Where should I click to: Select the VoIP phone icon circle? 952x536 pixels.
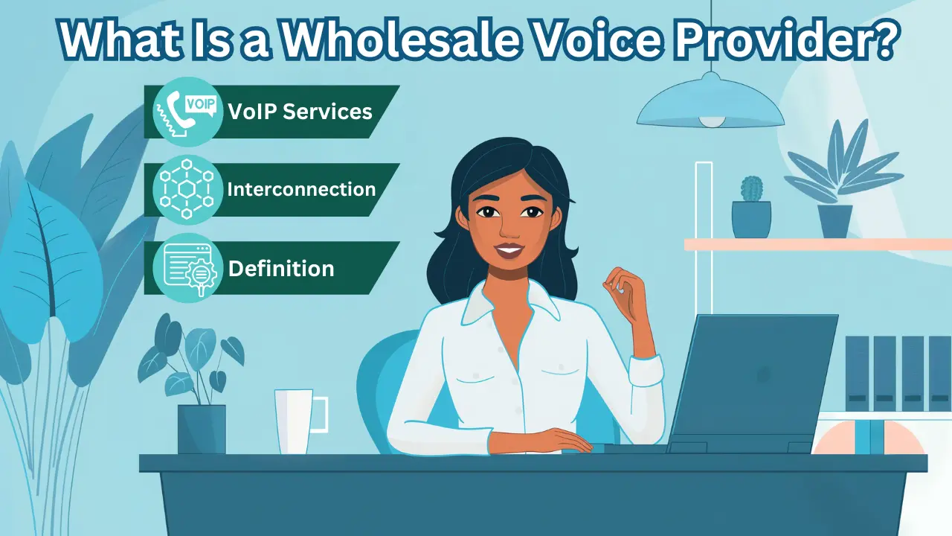[187, 112]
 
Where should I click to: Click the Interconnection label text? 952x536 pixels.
[301, 189]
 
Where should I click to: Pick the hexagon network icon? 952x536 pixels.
[187, 189]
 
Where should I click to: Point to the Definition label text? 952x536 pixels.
[281, 268]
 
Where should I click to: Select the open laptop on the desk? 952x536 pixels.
[751, 383]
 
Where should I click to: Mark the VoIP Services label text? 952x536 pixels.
[300, 112]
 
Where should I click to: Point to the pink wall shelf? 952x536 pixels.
[818, 244]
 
